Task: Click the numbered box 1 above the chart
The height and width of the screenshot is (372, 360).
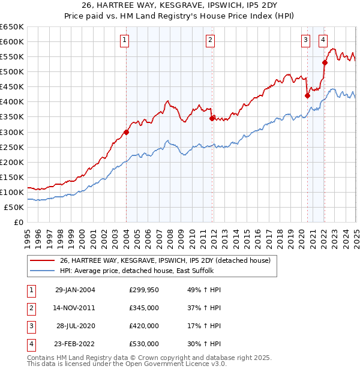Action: (x=124, y=40)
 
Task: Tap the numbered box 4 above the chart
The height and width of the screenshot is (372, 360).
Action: (x=323, y=40)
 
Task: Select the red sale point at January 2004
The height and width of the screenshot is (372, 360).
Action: (x=127, y=132)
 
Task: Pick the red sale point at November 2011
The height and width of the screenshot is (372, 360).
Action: (x=212, y=118)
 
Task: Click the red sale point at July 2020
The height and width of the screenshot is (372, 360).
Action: (x=307, y=95)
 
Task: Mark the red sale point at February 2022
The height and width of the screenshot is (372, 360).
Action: (x=325, y=62)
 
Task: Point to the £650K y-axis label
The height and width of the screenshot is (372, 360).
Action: (x=11, y=27)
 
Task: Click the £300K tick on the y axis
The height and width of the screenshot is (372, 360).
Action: (x=11, y=132)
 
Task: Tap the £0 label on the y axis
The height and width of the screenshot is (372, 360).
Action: (x=17, y=222)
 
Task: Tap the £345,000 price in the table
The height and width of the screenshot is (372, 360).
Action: (x=143, y=308)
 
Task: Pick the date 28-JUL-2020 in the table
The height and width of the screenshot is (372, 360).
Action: (x=75, y=326)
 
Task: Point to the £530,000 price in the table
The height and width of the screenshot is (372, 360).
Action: (x=143, y=344)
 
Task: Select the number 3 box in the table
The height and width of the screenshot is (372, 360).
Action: (x=30, y=326)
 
